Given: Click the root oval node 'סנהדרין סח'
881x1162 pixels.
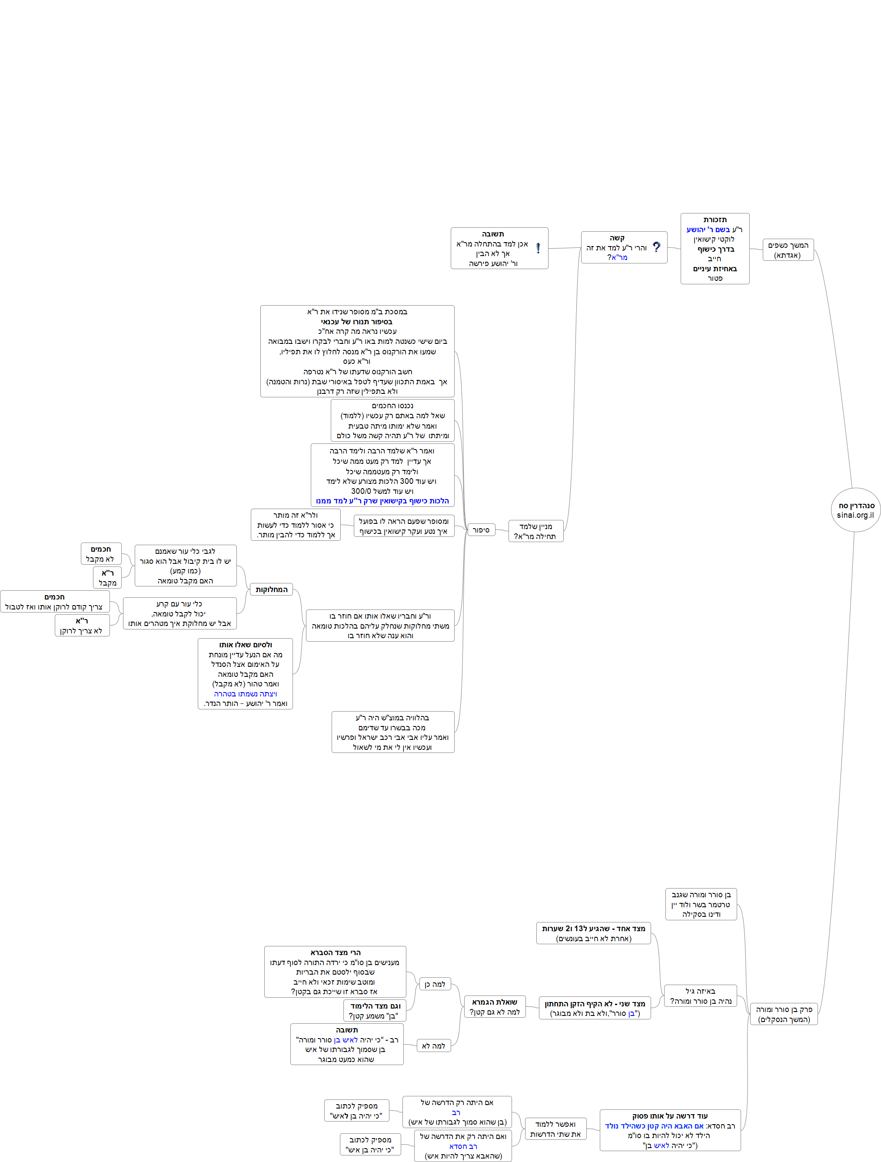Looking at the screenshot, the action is tap(855, 509).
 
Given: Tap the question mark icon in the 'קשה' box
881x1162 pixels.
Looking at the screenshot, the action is tap(656, 247).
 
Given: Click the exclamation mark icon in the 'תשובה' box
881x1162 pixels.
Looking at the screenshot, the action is tap(538, 248).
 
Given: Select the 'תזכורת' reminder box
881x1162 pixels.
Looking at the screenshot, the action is tap(715, 249).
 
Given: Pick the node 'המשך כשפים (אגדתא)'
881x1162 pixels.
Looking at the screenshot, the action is tap(788, 250).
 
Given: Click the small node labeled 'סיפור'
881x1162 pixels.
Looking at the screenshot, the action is tap(481, 530).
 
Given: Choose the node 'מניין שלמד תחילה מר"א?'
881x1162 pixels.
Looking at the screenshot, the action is tap(535, 531).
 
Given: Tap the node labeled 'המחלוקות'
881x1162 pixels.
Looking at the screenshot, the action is tap(272, 589).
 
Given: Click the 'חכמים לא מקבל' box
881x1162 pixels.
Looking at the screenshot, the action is tap(101, 554).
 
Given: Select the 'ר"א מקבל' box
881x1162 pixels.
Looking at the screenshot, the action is tap(108, 577).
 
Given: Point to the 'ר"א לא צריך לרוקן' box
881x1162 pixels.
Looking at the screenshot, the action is tap(82, 625).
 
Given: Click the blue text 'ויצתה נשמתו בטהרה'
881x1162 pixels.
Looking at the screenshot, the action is tap(245, 693).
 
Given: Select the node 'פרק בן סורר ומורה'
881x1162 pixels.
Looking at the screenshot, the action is tap(783, 1014).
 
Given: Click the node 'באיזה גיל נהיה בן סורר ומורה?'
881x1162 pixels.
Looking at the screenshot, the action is tap(700, 996).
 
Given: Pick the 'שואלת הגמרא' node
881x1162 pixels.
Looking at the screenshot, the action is tap(494, 1006).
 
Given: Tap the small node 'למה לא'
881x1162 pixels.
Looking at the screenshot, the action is tap(433, 1045).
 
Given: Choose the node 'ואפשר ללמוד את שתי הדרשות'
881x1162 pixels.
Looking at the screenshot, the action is tap(555, 1129).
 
